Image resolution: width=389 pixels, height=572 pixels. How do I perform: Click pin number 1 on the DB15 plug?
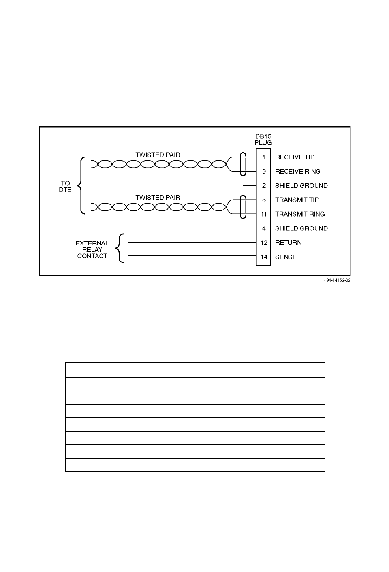[x=264, y=157]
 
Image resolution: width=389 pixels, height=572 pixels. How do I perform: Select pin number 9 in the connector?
[x=264, y=171]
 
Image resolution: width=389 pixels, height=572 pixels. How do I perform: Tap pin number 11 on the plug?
[x=264, y=214]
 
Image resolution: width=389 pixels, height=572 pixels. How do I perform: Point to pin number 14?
[x=264, y=257]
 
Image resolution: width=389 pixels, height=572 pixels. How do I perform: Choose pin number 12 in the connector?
[x=264, y=243]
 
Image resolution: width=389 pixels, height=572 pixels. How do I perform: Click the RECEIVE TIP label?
[x=295, y=157]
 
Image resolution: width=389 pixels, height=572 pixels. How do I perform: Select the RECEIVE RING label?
[x=298, y=171]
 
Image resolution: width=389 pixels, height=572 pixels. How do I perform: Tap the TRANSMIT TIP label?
[x=297, y=200]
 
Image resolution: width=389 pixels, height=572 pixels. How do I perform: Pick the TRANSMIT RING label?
[x=300, y=214]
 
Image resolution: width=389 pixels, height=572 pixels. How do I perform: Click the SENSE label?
[x=286, y=257]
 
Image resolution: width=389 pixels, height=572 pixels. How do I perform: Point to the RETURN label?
[x=288, y=243]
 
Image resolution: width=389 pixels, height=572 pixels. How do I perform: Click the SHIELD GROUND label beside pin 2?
[x=301, y=185]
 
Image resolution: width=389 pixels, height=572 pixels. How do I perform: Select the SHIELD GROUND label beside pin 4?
[x=301, y=228]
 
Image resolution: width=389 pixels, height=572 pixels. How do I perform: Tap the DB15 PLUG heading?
[x=263, y=139]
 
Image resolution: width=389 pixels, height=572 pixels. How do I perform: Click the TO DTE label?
[x=65, y=187]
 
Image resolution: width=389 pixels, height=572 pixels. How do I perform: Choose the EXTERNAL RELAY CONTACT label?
[x=92, y=249]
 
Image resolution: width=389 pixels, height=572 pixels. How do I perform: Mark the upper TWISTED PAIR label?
[x=158, y=155]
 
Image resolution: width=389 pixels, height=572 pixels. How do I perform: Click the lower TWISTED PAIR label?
[x=158, y=197]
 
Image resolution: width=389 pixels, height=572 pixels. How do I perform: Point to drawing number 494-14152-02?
[x=335, y=280]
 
